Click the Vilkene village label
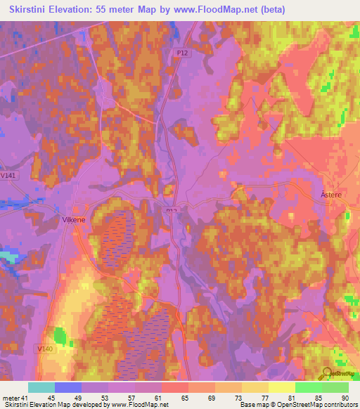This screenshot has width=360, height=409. pos(72,219)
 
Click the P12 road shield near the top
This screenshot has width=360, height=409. pos(182,52)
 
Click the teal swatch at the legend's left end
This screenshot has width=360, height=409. pos(41,387)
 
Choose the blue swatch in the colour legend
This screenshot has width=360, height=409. pos(68,387)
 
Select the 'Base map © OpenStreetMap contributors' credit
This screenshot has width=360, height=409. pos(297,404)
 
